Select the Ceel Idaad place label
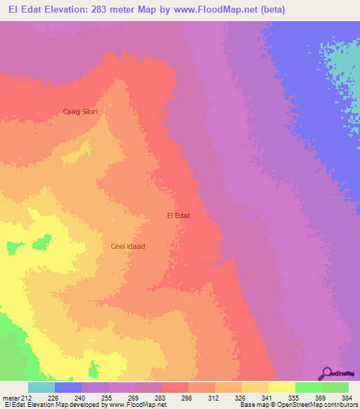point(127,246)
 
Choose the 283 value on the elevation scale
point(161,397)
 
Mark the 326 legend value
point(241,397)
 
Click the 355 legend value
point(295,397)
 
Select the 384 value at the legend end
point(348,397)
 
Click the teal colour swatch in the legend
point(41,387)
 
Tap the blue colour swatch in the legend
point(68,387)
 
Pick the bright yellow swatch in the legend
point(281,387)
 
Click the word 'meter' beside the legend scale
point(11,397)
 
